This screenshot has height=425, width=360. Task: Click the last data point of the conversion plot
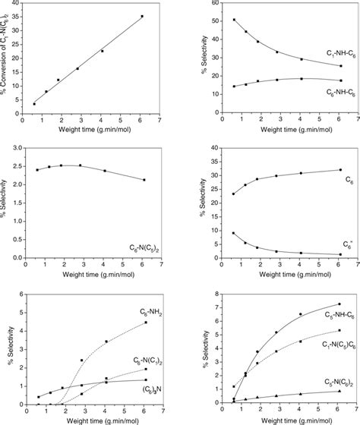[142, 16]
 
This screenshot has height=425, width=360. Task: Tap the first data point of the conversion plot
[34, 103]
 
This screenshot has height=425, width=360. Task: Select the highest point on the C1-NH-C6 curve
[213, 20]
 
